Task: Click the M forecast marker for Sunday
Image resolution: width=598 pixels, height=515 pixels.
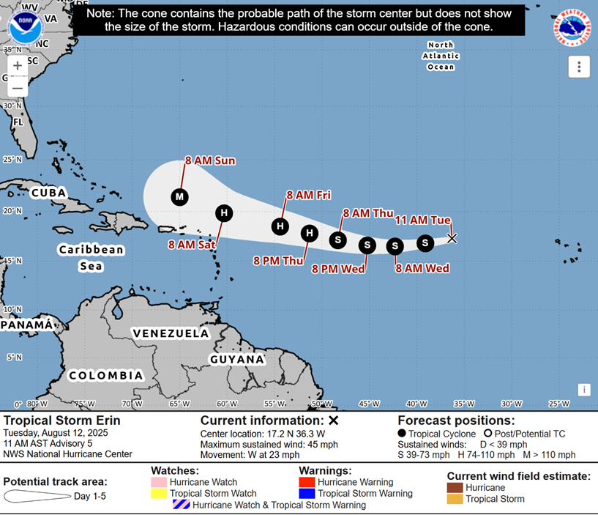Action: pyautogui.click(x=179, y=196)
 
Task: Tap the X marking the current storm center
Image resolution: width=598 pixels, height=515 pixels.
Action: pyautogui.click(x=452, y=238)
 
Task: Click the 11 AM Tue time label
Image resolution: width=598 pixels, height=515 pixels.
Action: pyautogui.click(x=423, y=220)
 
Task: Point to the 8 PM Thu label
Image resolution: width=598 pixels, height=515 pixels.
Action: pyautogui.click(x=279, y=260)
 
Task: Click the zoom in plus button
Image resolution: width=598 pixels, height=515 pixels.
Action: pyautogui.click(x=18, y=66)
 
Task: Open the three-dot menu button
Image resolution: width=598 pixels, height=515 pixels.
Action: pyautogui.click(x=578, y=67)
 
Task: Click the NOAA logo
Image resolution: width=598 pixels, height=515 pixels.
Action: pyautogui.click(x=25, y=27)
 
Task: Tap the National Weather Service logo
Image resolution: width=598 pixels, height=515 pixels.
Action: pyautogui.click(x=573, y=27)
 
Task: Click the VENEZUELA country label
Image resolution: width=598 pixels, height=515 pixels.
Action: pyautogui.click(x=171, y=333)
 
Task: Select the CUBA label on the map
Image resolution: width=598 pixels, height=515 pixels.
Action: pyautogui.click(x=49, y=193)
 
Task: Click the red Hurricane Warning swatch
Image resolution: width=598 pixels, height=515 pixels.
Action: pyautogui.click(x=308, y=482)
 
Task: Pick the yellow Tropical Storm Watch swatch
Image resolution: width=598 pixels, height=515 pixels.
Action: pyautogui.click(x=160, y=494)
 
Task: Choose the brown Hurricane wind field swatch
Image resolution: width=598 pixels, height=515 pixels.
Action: pyautogui.click(x=455, y=487)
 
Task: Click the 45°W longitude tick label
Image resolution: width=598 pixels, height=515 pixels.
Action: pyautogui.click(x=370, y=404)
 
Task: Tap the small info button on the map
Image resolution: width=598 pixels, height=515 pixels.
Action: pyautogui.click(x=584, y=390)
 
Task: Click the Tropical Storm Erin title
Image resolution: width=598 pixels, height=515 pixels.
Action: pyautogui.click(x=62, y=420)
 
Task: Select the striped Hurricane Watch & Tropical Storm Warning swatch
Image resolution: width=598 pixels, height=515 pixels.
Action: pyautogui.click(x=181, y=505)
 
